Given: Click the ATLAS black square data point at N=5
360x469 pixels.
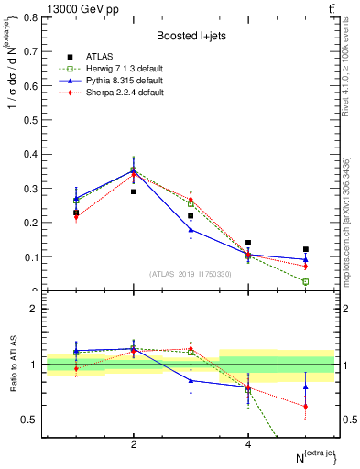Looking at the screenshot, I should click(306, 249).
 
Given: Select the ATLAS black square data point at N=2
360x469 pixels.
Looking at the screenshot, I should click(134, 191).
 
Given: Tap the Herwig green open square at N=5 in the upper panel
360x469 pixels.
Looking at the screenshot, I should click(306, 281).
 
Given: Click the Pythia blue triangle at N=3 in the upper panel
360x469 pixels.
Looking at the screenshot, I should click(191, 230).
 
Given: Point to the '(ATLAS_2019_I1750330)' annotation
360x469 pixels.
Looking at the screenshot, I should click(191, 274).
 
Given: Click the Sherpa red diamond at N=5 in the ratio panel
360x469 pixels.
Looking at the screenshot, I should click(306, 406).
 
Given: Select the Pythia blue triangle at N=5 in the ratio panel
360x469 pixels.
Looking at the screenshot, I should click(306, 387).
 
